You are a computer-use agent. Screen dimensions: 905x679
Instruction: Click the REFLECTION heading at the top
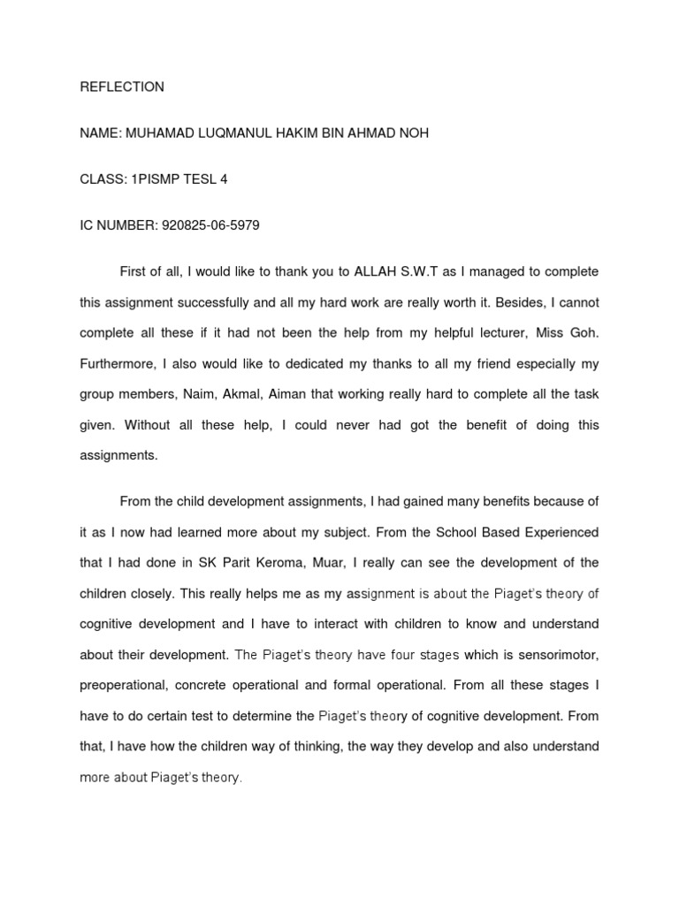coord(122,87)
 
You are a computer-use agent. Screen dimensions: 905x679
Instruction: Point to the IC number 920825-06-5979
coord(210,224)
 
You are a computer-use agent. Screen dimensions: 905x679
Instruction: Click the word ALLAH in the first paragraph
coord(378,271)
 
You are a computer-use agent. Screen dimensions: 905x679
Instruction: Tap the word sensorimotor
coord(560,655)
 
